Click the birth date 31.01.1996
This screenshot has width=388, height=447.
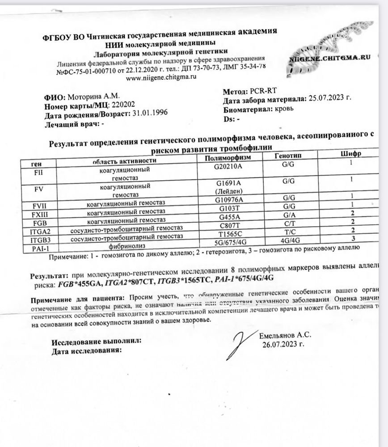click(150, 114)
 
